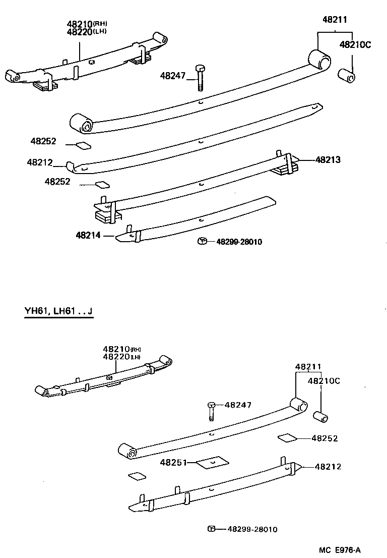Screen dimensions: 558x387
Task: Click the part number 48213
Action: point(328,160)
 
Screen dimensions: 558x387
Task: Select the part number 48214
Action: point(88,235)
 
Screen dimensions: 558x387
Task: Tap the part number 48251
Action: point(173,462)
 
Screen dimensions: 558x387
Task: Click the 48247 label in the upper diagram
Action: point(173,76)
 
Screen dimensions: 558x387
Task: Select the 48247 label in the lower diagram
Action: point(238,405)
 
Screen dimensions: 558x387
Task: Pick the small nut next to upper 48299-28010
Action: point(201,241)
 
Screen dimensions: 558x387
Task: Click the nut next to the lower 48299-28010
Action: point(212,529)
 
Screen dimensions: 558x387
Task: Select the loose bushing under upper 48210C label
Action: point(348,77)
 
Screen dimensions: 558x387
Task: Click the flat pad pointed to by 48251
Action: point(212,463)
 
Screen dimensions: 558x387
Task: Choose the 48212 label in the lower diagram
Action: point(328,467)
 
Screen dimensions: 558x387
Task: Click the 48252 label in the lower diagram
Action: point(325,438)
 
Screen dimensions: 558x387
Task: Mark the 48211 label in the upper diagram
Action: point(335,20)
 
